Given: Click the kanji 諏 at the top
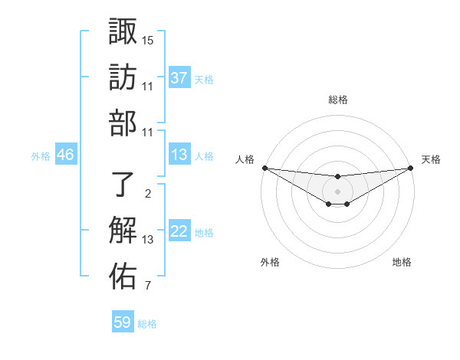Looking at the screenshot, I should click(123, 32).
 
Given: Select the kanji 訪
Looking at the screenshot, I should click(123, 78).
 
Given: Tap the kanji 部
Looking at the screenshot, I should click(123, 123).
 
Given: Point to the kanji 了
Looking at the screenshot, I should click(123, 184).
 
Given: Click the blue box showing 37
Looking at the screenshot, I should click(179, 78).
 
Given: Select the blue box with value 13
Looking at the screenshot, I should click(179, 155).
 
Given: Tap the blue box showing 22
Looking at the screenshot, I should click(179, 231).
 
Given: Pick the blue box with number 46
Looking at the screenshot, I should click(66, 155).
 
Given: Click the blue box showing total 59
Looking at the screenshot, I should click(123, 322).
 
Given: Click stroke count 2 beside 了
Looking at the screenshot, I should click(147, 194).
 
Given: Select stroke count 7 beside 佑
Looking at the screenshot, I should click(147, 286).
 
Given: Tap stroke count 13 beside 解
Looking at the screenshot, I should click(148, 240).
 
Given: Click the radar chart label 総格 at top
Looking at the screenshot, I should click(338, 100).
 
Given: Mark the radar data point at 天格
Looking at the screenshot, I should click(410, 169).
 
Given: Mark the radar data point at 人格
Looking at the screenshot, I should click(264, 168).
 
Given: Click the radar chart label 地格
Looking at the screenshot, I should click(402, 262).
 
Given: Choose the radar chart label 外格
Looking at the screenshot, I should click(270, 262).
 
